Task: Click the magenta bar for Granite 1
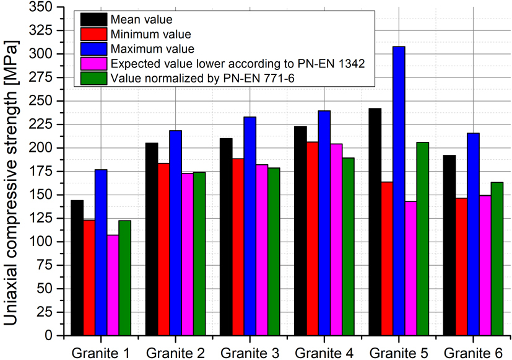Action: (113, 285)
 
